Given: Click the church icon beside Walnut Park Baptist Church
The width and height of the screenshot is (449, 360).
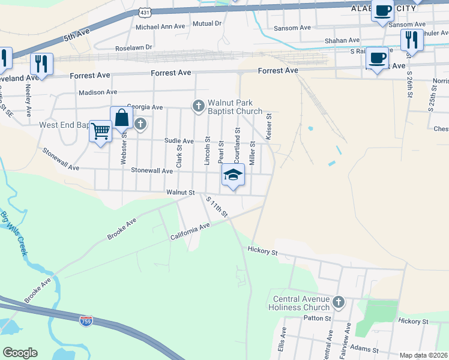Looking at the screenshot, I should (198, 106).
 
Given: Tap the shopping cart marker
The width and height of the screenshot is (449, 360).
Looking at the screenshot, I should (100, 130).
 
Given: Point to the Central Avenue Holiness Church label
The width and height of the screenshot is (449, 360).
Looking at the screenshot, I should (301, 303).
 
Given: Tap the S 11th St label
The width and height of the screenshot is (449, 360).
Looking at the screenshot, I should (217, 206).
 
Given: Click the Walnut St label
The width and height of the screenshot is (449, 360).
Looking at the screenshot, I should (181, 193).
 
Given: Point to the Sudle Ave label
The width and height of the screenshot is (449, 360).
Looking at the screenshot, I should (179, 141).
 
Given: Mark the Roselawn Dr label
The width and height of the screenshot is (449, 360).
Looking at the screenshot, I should (134, 47).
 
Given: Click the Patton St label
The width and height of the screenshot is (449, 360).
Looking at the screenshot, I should (320, 318).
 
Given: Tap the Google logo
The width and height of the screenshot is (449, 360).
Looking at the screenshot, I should (20, 353).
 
